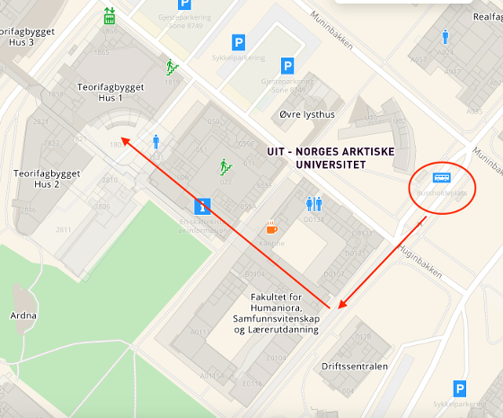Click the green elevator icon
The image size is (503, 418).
point(110,15)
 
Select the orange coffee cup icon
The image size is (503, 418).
point(271,226)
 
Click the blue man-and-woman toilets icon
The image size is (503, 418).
point(313,204)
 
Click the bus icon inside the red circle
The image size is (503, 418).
point(442,178)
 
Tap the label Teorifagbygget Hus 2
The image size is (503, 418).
point(48,178)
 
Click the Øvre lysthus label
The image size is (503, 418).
point(307,114)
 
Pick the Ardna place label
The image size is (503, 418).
point(23,316)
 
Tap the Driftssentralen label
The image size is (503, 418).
point(354,367)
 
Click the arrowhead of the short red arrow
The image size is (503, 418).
point(340,307)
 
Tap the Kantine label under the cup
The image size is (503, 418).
point(271,243)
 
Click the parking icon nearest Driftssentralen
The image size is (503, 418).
point(460,389)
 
